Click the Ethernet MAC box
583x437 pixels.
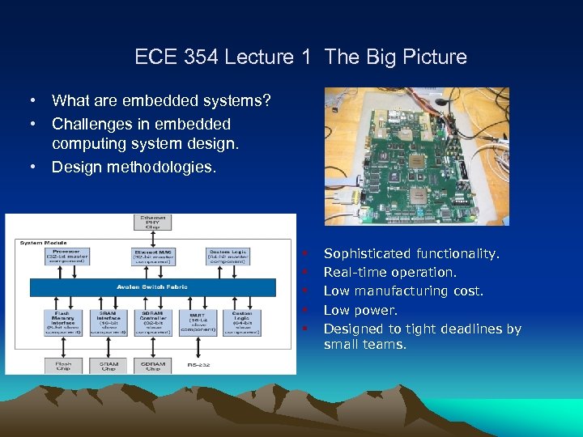tap(151, 256)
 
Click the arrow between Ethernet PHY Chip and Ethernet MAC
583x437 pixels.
tap(153, 237)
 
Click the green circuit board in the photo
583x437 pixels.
tap(405, 154)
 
